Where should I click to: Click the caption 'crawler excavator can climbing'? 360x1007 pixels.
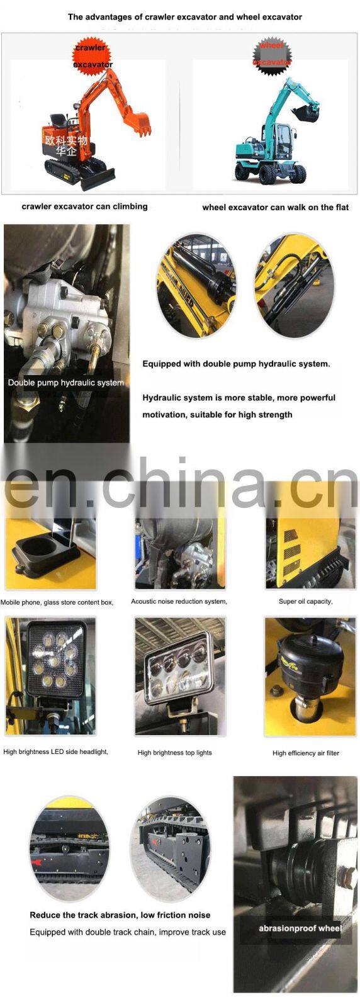84,206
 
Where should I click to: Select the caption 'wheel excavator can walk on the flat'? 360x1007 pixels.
275,207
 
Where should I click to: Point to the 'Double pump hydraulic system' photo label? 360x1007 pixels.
65,382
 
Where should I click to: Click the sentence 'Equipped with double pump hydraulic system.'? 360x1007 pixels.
236,364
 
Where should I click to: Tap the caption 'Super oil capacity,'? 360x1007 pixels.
305,601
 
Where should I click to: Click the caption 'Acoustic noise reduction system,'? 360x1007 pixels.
179,601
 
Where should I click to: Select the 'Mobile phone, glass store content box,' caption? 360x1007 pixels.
57,602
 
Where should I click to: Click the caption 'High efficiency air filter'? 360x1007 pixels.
305,753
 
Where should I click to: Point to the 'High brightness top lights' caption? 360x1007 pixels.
174,752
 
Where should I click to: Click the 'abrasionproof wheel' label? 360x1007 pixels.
300,928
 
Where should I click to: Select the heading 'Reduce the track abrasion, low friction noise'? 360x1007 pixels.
120,915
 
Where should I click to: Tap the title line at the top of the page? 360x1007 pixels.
184,17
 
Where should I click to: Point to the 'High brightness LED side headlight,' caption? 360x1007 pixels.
55,751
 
